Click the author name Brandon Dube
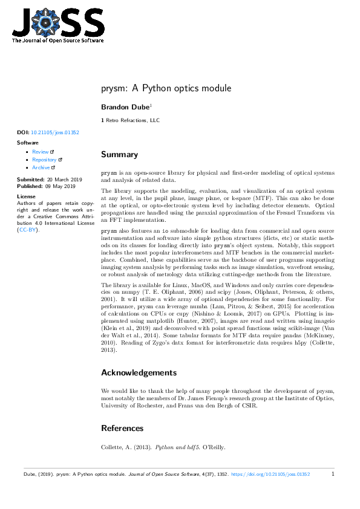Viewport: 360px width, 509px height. pyautogui.click(x=125, y=106)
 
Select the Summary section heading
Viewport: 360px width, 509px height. pyautogui.click(x=119, y=155)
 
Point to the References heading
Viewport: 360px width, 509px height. pyautogui.click(x=122, y=428)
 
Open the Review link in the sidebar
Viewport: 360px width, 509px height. pyautogui.click(x=41, y=152)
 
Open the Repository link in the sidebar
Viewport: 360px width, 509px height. pyautogui.click(x=44, y=160)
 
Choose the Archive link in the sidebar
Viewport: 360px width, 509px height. pyautogui.click(x=41, y=167)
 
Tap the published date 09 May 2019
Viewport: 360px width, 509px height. pyautogui.click(x=58, y=187)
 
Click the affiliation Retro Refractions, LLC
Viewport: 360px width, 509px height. pyautogui.click(x=133, y=121)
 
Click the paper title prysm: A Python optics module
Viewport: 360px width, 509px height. pyautogui.click(x=166, y=89)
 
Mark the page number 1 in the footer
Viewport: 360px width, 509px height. pyautogui.click(x=333, y=475)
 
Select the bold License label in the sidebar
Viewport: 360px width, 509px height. pyautogui.click(x=26, y=196)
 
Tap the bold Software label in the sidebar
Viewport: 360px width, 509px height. pyautogui.click(x=27, y=143)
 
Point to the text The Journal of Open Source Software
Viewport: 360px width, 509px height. pyautogui.click(x=57, y=41)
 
